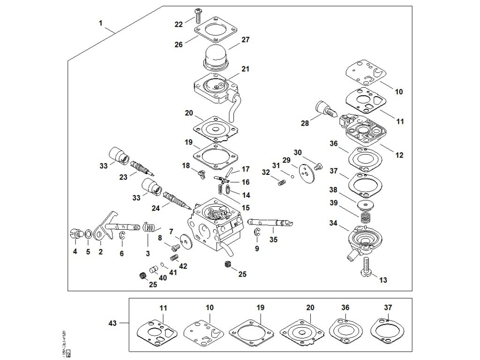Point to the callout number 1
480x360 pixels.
pyautogui.click(x=101, y=22)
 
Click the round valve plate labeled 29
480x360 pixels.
pyautogui.click(x=307, y=172)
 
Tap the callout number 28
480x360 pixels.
pyautogui.click(x=305, y=123)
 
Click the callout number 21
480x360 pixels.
pyautogui.click(x=245, y=69)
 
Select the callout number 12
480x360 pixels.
pyautogui.click(x=399, y=155)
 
